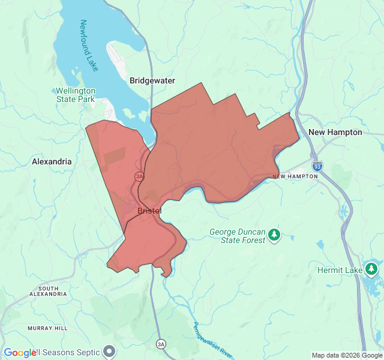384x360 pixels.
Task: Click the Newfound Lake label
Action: click(89, 46)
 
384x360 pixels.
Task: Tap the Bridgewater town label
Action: click(152, 80)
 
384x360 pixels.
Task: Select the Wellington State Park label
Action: click(76, 95)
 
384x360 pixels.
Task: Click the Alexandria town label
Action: click(52, 161)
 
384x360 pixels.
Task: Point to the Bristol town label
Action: click(149, 211)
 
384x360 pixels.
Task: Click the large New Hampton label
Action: click(335, 132)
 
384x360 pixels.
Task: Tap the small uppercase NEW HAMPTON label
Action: click(295, 176)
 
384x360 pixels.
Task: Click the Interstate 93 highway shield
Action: click(317, 165)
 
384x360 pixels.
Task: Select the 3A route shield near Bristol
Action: click(140, 176)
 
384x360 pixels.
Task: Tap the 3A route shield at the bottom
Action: click(161, 344)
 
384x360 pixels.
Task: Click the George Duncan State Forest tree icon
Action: click(274, 234)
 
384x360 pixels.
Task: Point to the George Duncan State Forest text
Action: click(236, 236)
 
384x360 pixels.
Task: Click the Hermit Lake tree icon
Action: click(373, 268)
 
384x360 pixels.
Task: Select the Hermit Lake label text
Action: click(340, 271)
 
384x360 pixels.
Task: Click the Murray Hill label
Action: click(47, 328)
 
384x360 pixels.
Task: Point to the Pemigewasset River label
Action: click(212, 340)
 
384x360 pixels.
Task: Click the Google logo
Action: click(20, 353)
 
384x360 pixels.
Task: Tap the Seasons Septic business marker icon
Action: click(109, 351)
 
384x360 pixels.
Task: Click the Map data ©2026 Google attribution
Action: click(347, 355)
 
